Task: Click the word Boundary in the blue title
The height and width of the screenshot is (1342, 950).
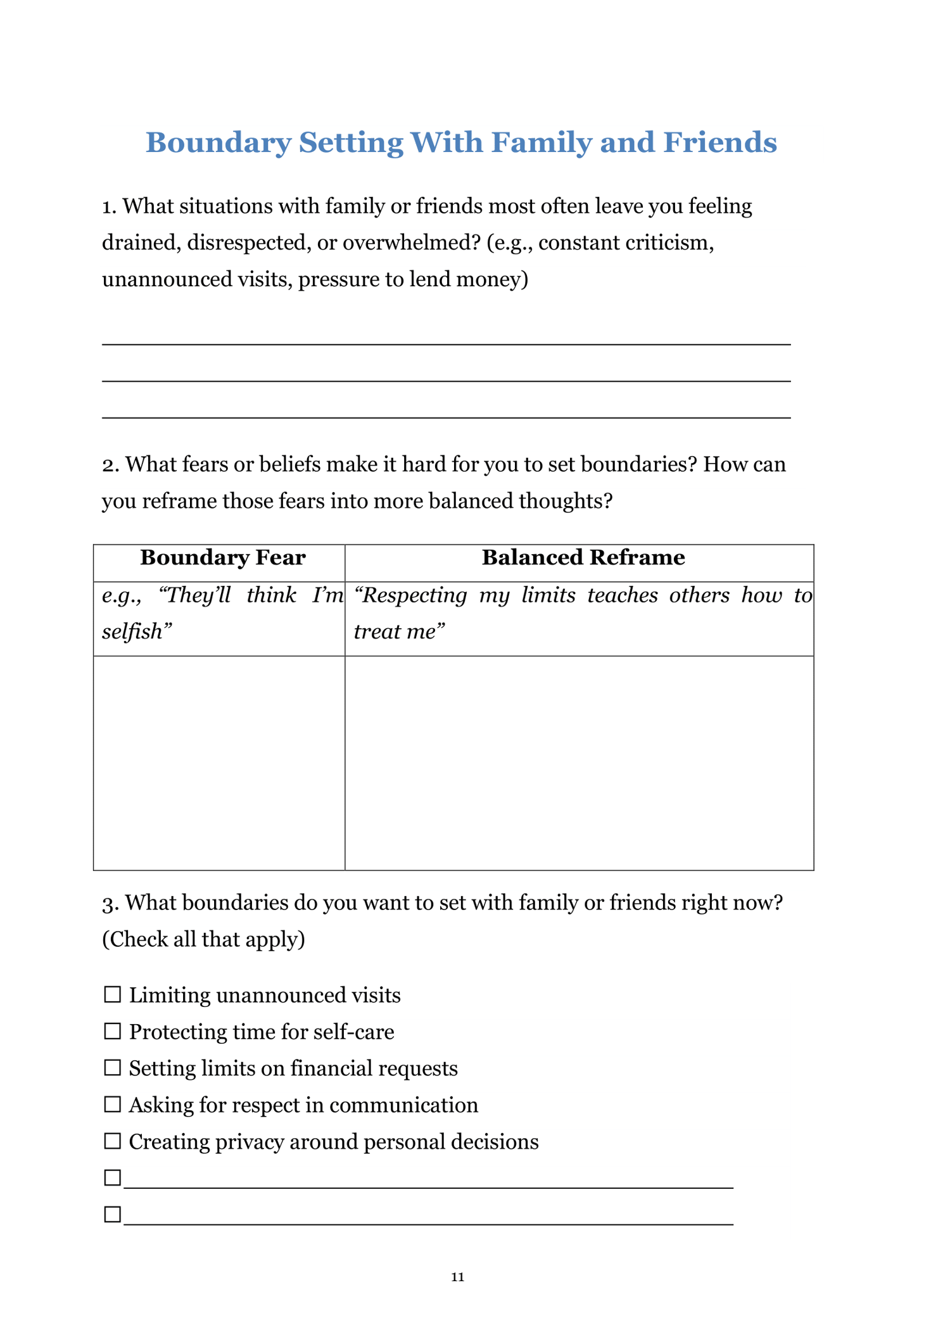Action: (218, 143)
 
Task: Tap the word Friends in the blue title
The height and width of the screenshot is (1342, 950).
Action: (719, 143)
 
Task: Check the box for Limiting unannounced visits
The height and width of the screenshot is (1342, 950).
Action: (112, 995)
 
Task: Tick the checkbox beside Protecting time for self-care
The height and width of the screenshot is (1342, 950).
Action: (112, 1032)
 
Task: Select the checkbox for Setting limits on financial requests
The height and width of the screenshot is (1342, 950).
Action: (112, 1068)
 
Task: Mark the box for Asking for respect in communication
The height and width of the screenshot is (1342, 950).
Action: (112, 1105)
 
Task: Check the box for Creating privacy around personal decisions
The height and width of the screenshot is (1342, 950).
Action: (112, 1141)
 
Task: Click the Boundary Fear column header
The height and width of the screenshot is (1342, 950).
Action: (222, 558)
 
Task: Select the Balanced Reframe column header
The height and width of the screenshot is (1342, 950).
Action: (583, 558)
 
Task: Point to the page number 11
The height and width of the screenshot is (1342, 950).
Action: (457, 1277)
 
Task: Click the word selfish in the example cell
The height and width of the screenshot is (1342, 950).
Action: (134, 632)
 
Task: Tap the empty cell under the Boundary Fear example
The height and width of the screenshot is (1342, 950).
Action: (219, 763)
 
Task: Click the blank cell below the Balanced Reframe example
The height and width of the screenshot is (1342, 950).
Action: (579, 763)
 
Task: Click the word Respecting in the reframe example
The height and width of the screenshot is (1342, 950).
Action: (410, 596)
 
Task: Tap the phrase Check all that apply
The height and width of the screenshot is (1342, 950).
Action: (203, 939)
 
